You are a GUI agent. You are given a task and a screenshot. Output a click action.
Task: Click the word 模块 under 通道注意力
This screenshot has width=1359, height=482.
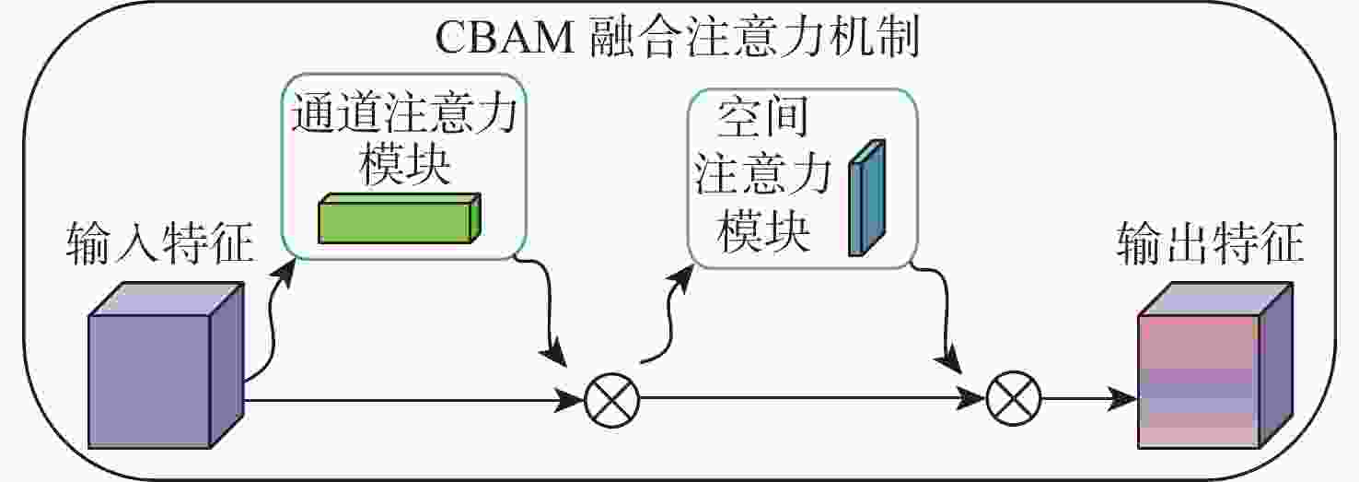(403, 168)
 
